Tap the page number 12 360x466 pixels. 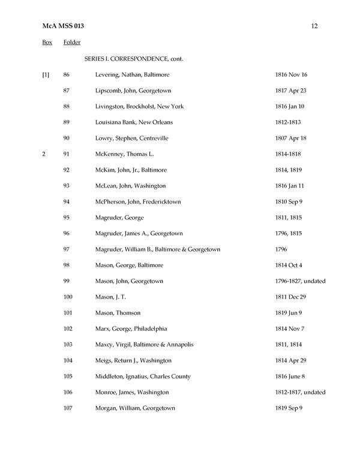[x=314, y=26]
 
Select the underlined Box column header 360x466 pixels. [x=47, y=43]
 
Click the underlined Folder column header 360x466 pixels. [x=72, y=43]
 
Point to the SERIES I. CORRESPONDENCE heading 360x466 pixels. [x=133, y=59]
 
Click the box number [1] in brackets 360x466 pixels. [x=46, y=75]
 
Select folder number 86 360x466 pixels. [x=67, y=75]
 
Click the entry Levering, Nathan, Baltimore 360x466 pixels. [x=132, y=75]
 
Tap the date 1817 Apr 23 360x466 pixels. [x=291, y=91]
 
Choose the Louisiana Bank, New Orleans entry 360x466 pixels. [x=134, y=123]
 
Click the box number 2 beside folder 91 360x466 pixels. [x=44, y=154]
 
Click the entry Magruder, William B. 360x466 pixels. [x=158, y=249]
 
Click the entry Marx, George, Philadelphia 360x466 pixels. [x=131, y=328]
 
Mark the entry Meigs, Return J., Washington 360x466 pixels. [x=133, y=360]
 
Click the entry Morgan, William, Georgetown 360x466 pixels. [x=135, y=408]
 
